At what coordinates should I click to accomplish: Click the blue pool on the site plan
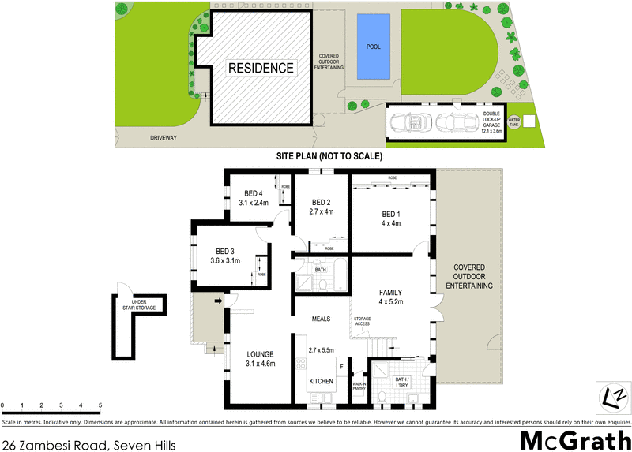374,47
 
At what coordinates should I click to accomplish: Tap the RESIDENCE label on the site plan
261,68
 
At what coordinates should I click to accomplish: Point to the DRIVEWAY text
163,138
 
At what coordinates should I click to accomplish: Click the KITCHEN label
321,382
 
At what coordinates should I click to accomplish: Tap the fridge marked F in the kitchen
340,366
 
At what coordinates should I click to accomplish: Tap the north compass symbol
613,394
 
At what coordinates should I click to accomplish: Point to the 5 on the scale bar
100,406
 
